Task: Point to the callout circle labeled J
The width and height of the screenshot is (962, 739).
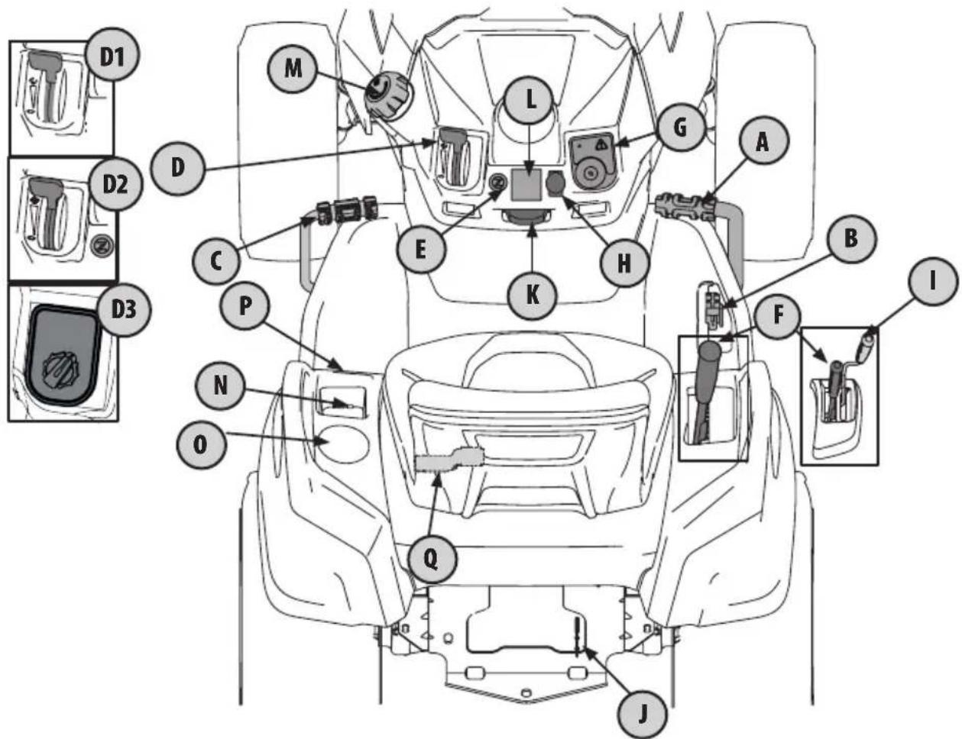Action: pos(642,713)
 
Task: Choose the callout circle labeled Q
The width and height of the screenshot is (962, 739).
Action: pos(431,559)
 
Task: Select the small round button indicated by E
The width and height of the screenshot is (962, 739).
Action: pos(496,183)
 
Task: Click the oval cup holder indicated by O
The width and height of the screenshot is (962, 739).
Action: pos(342,444)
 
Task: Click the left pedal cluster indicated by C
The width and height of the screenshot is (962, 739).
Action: pos(345,211)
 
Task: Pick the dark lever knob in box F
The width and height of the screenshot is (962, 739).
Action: pos(710,353)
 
